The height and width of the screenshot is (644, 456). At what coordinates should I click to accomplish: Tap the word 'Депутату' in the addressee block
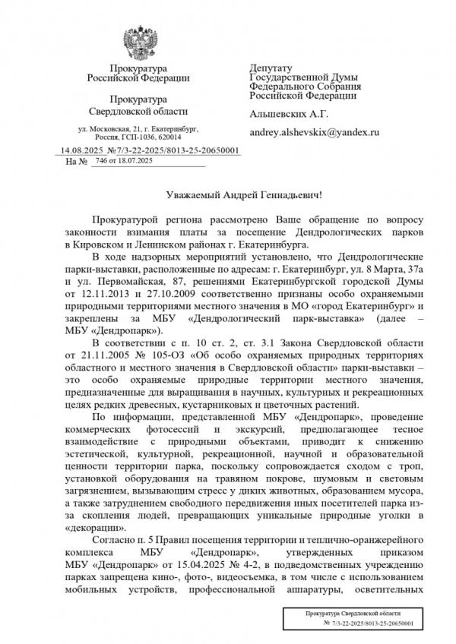coord(271,68)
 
